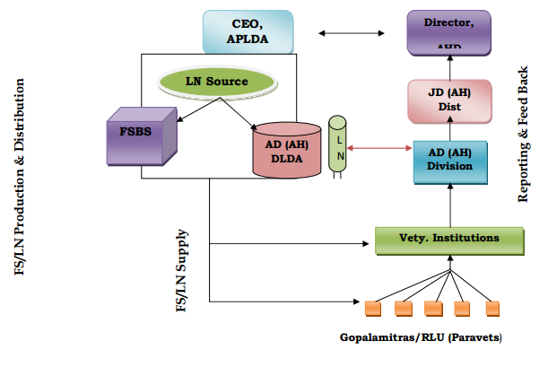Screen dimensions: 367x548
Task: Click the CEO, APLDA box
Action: [x=248, y=33]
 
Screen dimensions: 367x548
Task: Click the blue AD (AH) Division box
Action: [x=448, y=158]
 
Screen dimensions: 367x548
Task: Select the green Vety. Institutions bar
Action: [x=448, y=240]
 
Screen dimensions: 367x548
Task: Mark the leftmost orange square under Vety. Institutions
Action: [x=373, y=308]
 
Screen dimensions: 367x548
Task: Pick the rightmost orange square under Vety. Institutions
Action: [x=491, y=308]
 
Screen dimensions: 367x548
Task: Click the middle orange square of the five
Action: [x=433, y=308]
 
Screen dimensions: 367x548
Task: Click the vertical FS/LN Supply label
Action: [x=181, y=270]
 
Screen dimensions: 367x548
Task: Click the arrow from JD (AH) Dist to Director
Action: [x=448, y=67]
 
